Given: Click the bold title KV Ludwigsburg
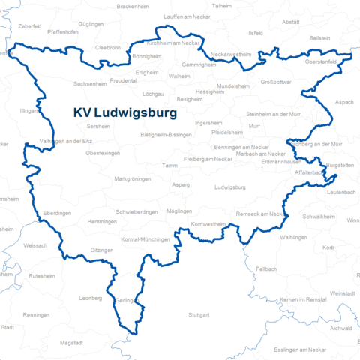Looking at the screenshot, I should [125, 113].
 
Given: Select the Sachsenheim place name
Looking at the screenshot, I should [90, 84].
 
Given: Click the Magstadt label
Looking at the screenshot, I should [71, 342].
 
